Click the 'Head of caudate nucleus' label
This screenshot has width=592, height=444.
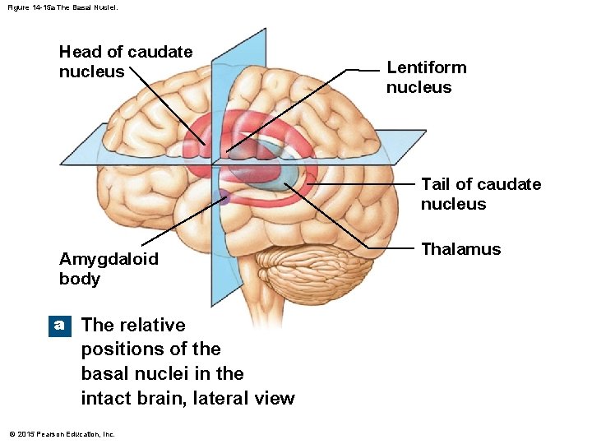click(125, 62)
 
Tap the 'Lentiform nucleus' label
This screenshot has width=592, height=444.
click(426, 77)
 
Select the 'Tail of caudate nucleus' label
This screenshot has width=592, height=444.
click(480, 194)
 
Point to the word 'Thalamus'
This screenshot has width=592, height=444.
click(460, 249)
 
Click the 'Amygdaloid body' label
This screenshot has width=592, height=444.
click(109, 269)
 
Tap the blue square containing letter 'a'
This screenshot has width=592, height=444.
click(59, 325)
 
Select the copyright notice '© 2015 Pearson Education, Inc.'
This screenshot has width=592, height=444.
click(62, 434)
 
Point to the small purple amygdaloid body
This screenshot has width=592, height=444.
click(223, 196)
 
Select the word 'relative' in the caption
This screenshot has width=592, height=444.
click(153, 325)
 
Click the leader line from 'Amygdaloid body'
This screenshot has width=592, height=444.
click(181, 220)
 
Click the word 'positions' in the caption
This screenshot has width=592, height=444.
click(119, 349)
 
